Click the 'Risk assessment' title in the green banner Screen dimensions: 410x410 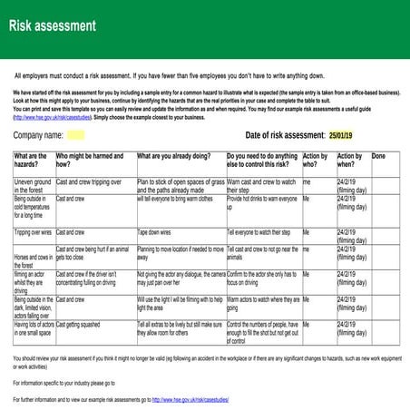(53, 25)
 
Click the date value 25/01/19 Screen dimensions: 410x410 (341, 135)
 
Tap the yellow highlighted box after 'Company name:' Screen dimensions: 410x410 (76, 135)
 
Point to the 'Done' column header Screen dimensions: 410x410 (378, 156)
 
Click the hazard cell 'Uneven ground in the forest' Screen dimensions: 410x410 (33, 186)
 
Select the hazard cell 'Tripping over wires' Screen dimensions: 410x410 (34, 232)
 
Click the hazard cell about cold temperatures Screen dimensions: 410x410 (33, 207)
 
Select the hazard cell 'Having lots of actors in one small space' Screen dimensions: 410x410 (34, 327)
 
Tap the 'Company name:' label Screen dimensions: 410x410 (38, 135)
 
